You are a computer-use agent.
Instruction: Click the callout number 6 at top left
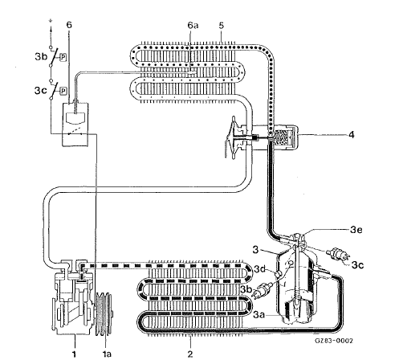tap(69, 25)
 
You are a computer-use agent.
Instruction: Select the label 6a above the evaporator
tap(193, 26)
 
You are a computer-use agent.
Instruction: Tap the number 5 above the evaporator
tap(221, 26)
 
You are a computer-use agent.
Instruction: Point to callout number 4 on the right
tap(352, 134)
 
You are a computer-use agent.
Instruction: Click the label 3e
tap(356, 230)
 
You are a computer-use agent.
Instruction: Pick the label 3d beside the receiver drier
tap(259, 269)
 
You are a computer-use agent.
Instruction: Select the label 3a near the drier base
tap(258, 315)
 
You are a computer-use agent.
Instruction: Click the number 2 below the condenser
tap(190, 354)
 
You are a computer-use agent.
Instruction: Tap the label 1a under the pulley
tap(107, 354)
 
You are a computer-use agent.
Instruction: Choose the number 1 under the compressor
tap(74, 354)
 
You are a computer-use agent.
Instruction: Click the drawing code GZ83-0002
tap(334, 341)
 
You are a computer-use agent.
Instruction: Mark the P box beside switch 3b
tap(63, 57)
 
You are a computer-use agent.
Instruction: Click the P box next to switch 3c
tap(63, 91)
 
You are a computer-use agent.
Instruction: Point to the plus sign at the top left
tap(51, 20)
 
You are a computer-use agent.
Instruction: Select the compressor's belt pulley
tap(104, 314)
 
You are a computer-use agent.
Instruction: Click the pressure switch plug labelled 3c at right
tap(337, 255)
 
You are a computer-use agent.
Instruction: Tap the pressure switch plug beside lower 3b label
tap(263, 290)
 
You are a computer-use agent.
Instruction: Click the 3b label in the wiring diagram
tap(41, 57)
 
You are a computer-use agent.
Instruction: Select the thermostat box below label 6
tap(75, 125)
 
